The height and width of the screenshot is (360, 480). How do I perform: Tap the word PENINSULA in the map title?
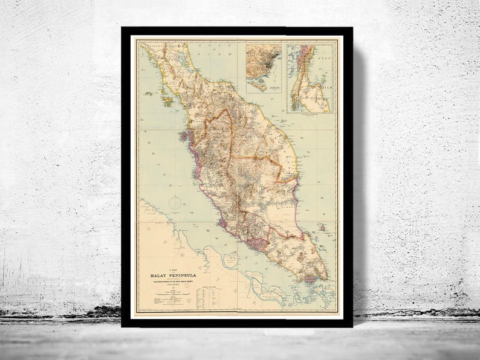[x=184, y=276]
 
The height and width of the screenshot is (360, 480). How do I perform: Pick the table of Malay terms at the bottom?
[x=208, y=294]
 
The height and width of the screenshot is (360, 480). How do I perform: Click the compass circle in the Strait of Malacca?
[x=175, y=203]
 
